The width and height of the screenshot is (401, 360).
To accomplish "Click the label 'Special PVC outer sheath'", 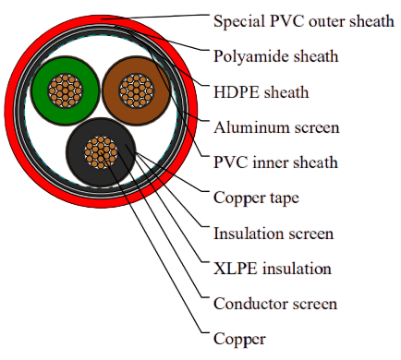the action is click(x=304, y=21).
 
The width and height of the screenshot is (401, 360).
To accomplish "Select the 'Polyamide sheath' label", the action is click(x=275, y=56).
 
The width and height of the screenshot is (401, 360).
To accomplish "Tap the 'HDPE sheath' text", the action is click(x=261, y=92).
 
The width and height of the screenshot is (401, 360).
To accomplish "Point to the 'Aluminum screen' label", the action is click(x=276, y=127).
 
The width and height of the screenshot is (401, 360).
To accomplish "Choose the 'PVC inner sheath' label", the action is click(x=275, y=162).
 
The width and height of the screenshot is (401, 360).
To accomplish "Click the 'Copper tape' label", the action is click(x=256, y=198).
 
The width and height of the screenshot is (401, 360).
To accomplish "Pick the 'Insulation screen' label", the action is click(x=273, y=234).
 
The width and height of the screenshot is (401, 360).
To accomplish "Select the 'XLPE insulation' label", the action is click(x=273, y=269).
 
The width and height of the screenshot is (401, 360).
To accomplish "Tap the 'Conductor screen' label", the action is click(x=275, y=304).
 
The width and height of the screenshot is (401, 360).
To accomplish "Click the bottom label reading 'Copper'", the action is click(x=239, y=340).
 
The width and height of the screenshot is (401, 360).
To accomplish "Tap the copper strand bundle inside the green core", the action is click(x=66, y=90).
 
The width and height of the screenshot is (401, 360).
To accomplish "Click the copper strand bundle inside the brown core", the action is click(x=137, y=90).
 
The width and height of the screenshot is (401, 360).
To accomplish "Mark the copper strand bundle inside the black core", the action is click(x=101, y=152).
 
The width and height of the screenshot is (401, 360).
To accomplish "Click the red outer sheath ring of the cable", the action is click(x=10, y=111).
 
